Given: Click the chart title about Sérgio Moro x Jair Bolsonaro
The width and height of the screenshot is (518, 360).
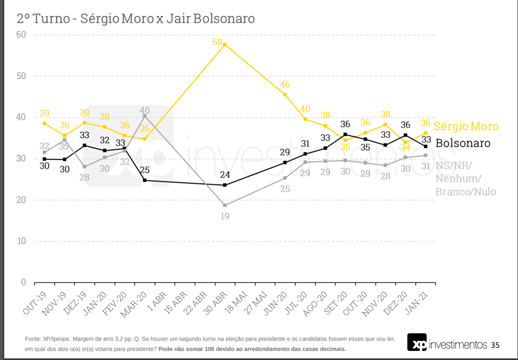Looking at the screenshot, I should [136, 19].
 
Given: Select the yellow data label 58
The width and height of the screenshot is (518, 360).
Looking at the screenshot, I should [218, 42].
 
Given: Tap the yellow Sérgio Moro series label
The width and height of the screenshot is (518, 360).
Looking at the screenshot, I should [466, 127].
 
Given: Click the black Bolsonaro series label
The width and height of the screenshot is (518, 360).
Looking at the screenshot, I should [463, 143].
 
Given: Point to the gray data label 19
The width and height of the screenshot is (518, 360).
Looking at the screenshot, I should [225, 216].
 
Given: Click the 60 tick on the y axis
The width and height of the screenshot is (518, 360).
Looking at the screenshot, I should [21, 35].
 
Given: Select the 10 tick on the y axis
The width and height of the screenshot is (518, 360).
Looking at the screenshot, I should [21, 241].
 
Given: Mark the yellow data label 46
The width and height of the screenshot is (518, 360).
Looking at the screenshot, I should [285, 84].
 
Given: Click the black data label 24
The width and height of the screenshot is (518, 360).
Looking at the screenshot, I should [225, 175].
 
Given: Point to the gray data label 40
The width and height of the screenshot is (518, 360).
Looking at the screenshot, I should [144, 111].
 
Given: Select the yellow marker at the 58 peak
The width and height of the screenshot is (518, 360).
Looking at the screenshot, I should [225, 44].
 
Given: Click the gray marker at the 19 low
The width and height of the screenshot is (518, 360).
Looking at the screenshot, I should [225, 205].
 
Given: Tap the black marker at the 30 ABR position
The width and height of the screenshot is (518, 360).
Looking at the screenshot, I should [225, 185].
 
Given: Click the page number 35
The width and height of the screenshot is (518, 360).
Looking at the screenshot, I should [495, 345].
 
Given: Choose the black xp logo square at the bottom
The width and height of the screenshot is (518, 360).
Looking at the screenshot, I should [417, 343].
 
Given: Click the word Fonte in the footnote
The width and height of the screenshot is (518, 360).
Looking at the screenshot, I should [32, 339].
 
